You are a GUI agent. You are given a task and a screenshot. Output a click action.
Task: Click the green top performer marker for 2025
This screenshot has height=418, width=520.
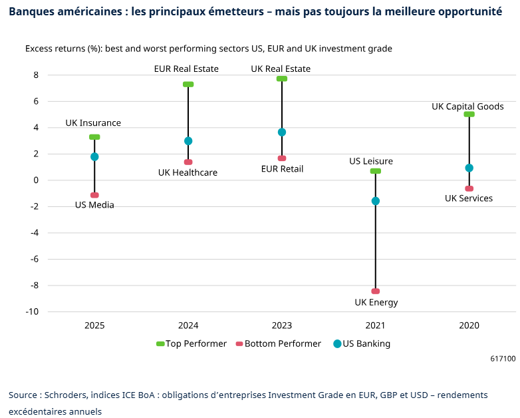pos(94,137)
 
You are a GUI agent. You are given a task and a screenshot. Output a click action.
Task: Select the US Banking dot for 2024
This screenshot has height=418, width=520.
pos(188,141)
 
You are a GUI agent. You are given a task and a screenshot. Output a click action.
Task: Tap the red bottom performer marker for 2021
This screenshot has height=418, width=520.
pos(376,291)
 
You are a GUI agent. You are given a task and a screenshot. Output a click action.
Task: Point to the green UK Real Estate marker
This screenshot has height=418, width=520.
pos(282,79)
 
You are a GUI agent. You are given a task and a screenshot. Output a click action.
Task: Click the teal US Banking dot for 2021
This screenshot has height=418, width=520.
pos(376,201)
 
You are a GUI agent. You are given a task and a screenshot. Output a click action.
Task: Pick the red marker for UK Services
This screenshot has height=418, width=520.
pos(469,188)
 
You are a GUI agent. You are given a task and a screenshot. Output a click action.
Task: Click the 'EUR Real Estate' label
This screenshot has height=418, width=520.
pos(186,69)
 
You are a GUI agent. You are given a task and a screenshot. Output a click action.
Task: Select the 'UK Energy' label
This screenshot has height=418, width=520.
pos(376,303)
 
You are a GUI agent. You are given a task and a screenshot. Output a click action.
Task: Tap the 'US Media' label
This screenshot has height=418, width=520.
pos(94,205)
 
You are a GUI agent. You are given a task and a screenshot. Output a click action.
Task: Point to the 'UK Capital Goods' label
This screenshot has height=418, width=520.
pos(467,106)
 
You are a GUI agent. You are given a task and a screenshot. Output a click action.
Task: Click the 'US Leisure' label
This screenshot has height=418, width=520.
pos(371,161)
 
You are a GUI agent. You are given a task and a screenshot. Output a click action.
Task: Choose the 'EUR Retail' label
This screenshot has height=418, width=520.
pos(281,169)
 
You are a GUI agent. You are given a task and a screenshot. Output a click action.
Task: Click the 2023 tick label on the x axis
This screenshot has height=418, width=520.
pos(282,326)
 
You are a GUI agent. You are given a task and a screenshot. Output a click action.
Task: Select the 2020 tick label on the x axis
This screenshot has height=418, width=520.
pos(469,326)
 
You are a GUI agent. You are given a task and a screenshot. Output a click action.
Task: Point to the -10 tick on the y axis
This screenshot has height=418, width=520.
pos(33,312)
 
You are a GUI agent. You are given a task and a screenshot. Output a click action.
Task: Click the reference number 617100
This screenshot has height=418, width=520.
pos(503,359)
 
